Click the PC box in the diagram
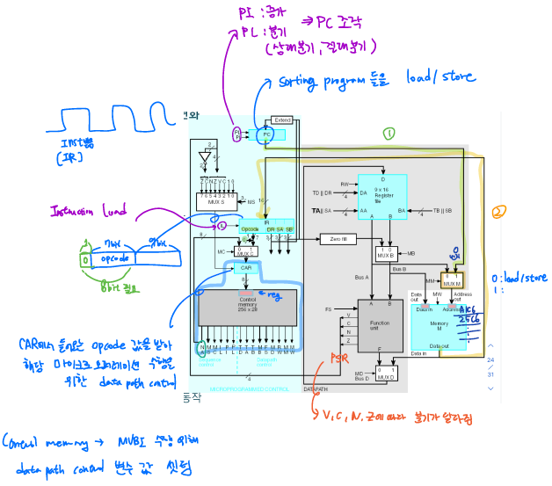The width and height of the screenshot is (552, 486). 267,134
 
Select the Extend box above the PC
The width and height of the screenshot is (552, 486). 282,120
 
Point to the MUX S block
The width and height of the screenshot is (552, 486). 216,201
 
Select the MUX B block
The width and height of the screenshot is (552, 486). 383,254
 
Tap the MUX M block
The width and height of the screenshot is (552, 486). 451,281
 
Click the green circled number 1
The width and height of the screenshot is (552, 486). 388,134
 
